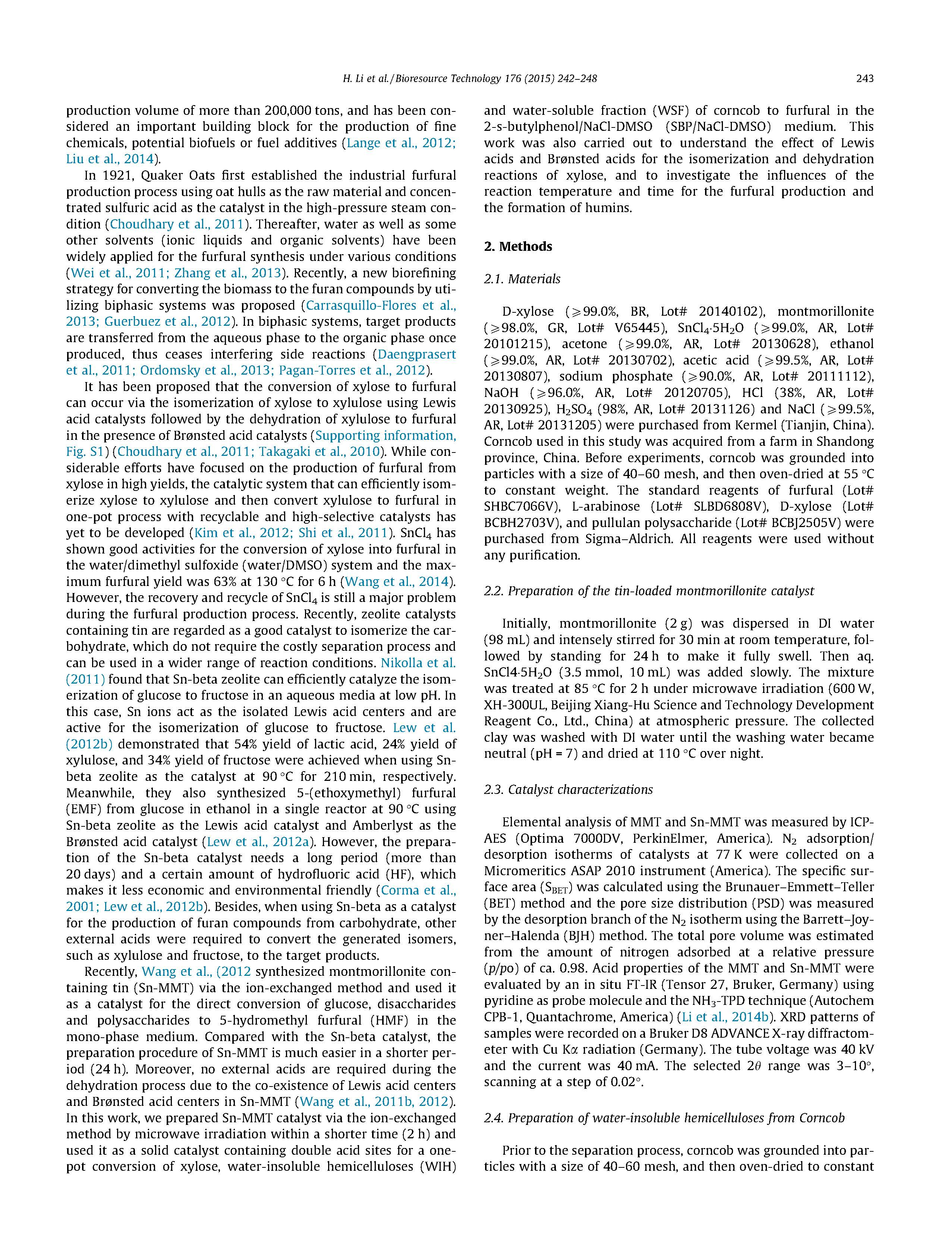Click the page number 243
coord(864,79)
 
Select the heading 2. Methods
coord(517,246)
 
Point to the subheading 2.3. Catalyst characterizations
coord(568,789)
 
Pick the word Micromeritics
coord(530,871)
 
